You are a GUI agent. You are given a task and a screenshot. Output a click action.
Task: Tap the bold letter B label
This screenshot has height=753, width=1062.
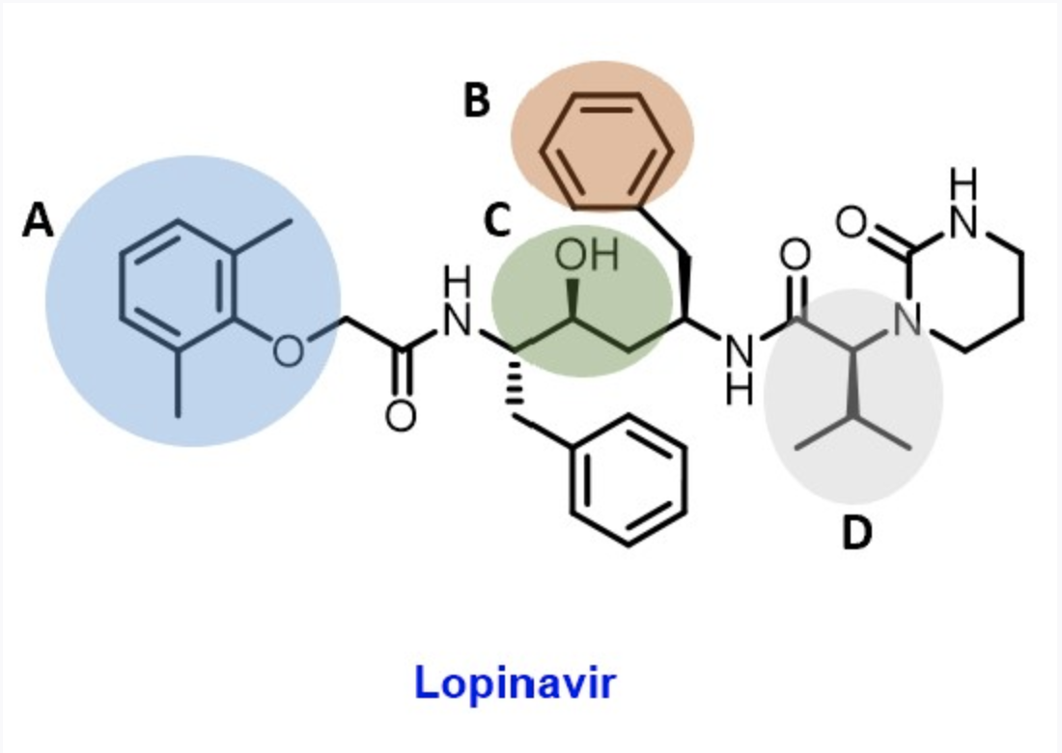477,99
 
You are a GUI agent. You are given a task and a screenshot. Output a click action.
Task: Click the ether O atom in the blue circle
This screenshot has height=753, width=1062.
287,349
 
